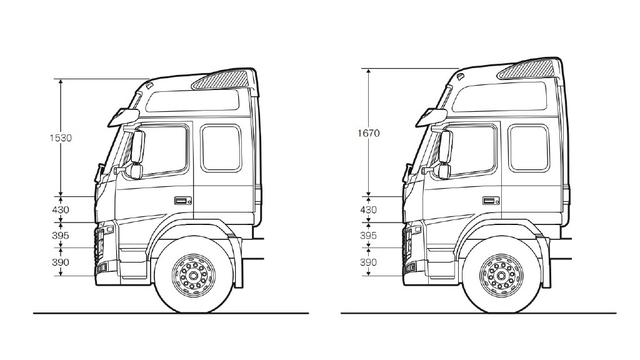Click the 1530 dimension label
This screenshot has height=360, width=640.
pyautogui.click(x=61, y=138)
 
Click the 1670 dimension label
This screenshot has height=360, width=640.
pyautogui.click(x=369, y=133)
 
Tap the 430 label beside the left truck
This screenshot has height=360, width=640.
pyautogui.click(x=60, y=210)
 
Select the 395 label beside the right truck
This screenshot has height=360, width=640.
pyautogui.click(x=368, y=236)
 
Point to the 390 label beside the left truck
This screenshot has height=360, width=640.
pyautogui.click(x=60, y=262)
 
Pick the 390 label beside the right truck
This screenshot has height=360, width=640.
pyautogui.click(x=368, y=262)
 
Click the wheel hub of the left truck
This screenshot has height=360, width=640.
pyautogui.click(x=193, y=275)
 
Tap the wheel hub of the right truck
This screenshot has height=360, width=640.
pyautogui.click(x=501, y=275)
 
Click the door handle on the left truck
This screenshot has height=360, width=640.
pyautogui.click(x=183, y=200)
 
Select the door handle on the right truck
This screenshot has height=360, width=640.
pyautogui.click(x=491, y=200)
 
